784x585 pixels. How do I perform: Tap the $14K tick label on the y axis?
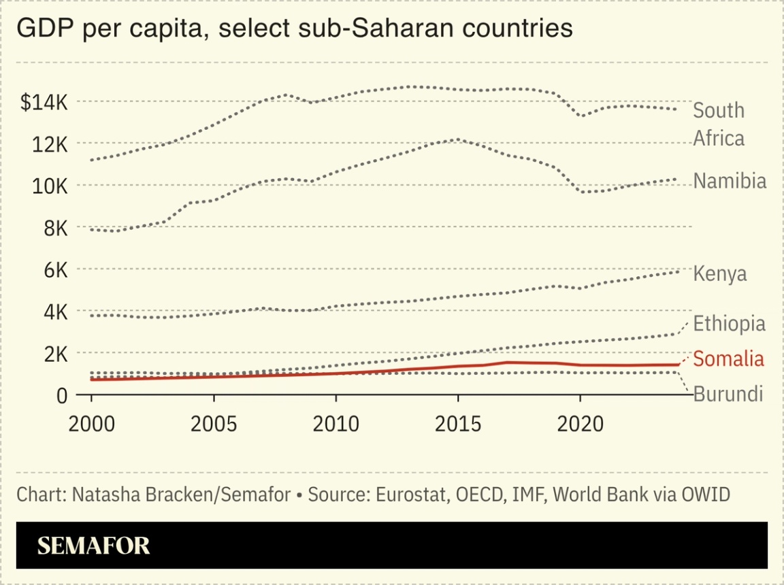pos(44,102)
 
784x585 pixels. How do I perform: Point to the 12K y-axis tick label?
pos(48,144)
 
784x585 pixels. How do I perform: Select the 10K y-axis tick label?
pos(48,186)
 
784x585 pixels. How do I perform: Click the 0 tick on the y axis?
pos(61,396)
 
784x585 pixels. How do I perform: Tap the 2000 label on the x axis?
pos(91,424)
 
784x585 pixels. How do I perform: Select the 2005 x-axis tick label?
pos(214,424)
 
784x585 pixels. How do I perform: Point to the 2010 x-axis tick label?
pos(336,424)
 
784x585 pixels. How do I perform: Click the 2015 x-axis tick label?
pos(458,424)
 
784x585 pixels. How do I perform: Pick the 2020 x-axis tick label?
pos(580,424)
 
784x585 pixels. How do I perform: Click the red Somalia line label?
pos(728,358)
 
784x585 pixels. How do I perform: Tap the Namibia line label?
pos(730,181)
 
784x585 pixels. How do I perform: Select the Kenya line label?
pos(719,273)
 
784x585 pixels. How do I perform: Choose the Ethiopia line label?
pos(729,323)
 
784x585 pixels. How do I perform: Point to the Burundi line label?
pos(728,394)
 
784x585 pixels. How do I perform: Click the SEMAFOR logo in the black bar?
pos(93,546)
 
